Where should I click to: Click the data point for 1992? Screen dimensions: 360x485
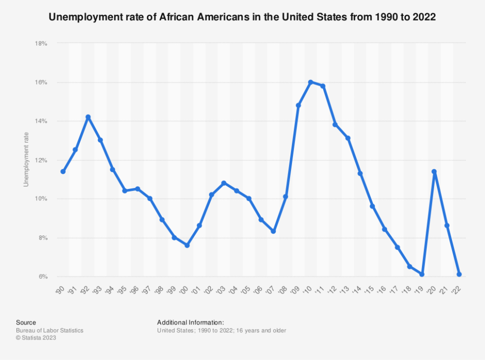[88, 117]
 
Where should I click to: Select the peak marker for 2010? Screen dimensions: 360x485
[310, 82]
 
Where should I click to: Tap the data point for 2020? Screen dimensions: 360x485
[434, 171]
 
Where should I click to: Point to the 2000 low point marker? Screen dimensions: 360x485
[187, 245]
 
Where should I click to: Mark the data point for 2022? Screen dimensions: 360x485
[459, 274]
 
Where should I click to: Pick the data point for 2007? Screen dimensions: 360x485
[273, 231]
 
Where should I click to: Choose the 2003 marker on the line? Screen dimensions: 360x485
[224, 183]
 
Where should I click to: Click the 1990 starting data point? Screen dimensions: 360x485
[63, 171]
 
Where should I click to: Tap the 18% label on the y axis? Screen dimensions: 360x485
[41, 43]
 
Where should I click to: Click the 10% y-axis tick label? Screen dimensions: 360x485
[41, 199]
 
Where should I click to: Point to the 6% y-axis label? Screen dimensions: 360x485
[42, 276]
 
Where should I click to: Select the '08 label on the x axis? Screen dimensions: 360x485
[284, 289]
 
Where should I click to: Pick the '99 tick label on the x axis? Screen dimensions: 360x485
[173, 289]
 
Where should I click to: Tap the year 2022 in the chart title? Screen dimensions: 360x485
[425, 17]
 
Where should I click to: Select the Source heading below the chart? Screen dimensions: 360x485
[26, 322]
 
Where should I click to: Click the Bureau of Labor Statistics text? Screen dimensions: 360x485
[49, 330]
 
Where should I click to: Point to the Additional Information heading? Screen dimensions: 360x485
[190, 322]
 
